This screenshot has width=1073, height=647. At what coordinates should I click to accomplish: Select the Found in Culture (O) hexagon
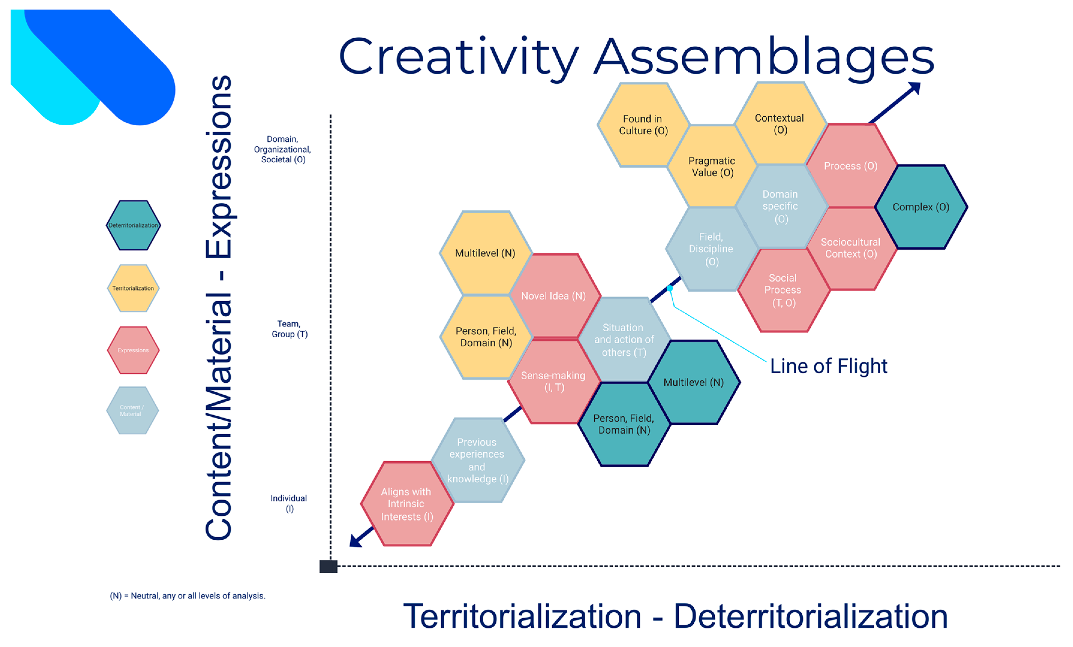click(x=643, y=125)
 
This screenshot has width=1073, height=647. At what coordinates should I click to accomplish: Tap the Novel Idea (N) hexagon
click(x=554, y=296)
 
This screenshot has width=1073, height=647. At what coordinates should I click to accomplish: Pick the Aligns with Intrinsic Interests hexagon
click(x=407, y=504)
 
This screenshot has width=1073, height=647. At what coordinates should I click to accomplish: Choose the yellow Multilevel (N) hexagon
click(x=486, y=253)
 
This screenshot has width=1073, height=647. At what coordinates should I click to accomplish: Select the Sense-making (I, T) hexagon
click(x=554, y=382)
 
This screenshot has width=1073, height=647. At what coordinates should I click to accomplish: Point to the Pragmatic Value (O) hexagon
click(x=712, y=167)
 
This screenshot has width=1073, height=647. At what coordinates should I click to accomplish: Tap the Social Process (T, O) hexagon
click(x=783, y=290)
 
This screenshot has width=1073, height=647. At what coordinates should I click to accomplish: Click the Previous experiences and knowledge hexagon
click(x=478, y=460)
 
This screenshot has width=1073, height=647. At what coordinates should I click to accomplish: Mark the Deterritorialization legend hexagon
click(x=133, y=225)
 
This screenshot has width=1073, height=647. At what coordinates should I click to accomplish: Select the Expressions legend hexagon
click(x=133, y=350)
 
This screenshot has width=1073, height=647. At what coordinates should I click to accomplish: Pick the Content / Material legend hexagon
click(x=133, y=411)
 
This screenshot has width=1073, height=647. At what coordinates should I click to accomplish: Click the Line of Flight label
click(x=828, y=366)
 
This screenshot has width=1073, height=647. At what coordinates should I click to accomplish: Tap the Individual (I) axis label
click(x=289, y=504)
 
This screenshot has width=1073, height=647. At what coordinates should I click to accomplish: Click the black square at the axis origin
click(x=328, y=566)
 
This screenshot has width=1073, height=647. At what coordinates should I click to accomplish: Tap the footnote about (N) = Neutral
click(x=187, y=596)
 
